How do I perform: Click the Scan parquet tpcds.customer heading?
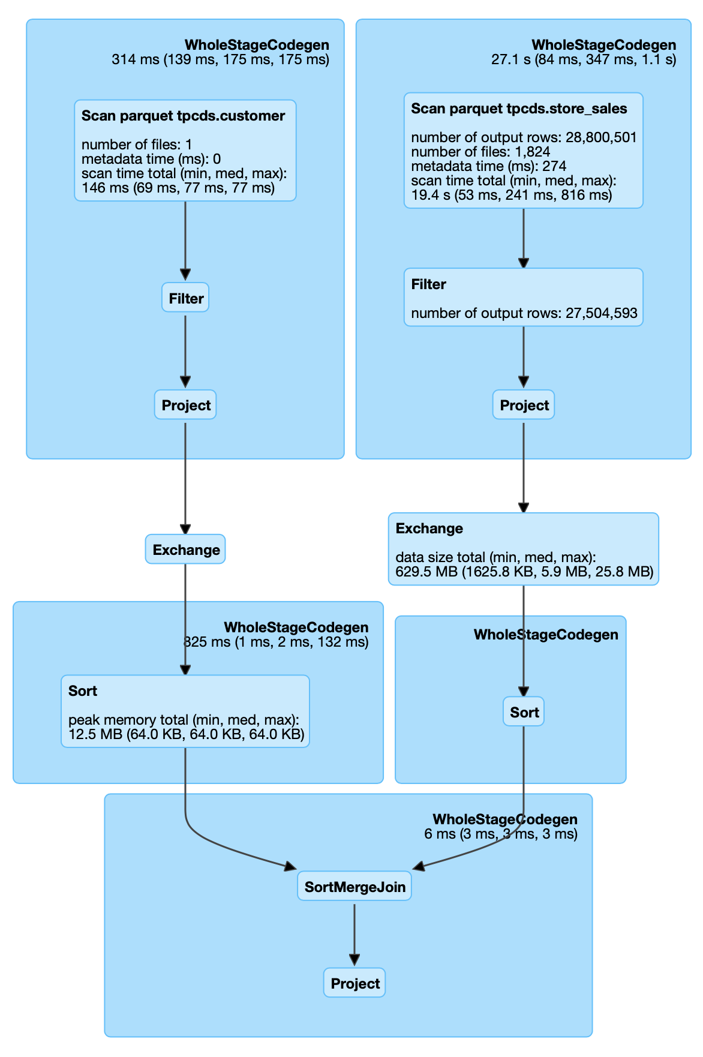[183, 116]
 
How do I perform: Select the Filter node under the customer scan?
[185, 298]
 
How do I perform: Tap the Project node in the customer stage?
[185, 406]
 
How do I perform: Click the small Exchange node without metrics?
[185, 550]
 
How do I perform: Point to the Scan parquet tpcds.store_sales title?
[519, 109]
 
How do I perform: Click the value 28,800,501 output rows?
[600, 137]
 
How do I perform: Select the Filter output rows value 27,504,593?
[601, 313]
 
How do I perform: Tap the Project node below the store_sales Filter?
[524, 406]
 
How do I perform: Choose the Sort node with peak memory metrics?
[185, 711]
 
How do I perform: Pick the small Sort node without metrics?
[524, 712]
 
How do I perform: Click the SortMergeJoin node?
[354, 887]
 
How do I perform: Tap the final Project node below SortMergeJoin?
[354, 984]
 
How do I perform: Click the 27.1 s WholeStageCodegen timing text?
[583, 59]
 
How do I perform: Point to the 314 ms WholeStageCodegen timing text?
[220, 59]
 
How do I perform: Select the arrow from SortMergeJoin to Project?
[354, 933]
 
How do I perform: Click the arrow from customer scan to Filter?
[185, 240]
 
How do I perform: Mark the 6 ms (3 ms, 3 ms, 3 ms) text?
[500, 834]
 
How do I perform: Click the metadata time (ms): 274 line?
[488, 166]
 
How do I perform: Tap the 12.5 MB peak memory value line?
[186, 734]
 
